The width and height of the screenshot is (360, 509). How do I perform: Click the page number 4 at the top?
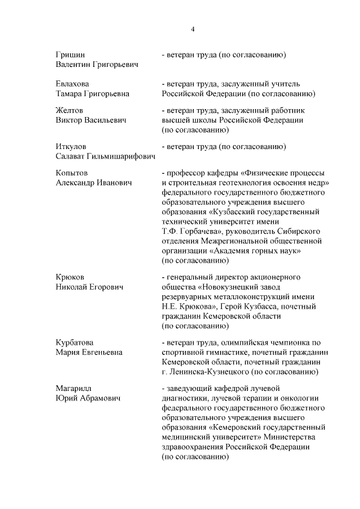point(192,29)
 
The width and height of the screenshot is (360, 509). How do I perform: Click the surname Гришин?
point(70,55)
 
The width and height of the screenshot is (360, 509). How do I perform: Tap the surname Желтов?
point(69,111)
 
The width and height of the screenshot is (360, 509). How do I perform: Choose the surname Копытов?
point(71,173)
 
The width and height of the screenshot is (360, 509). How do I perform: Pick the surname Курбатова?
point(74,343)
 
